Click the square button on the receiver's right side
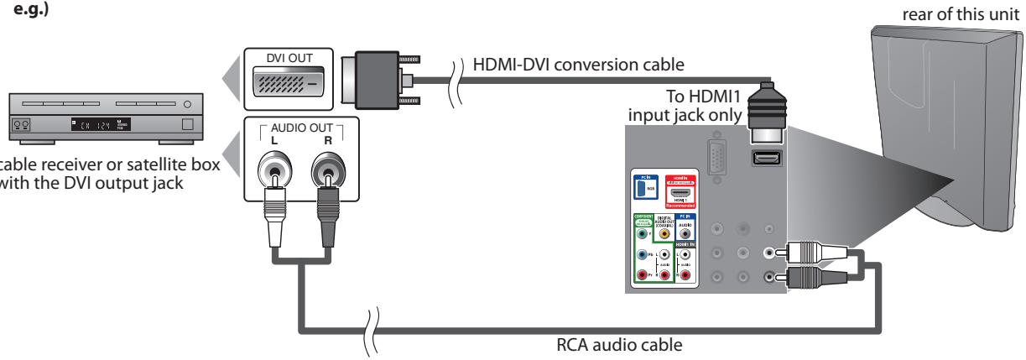[188, 127]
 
